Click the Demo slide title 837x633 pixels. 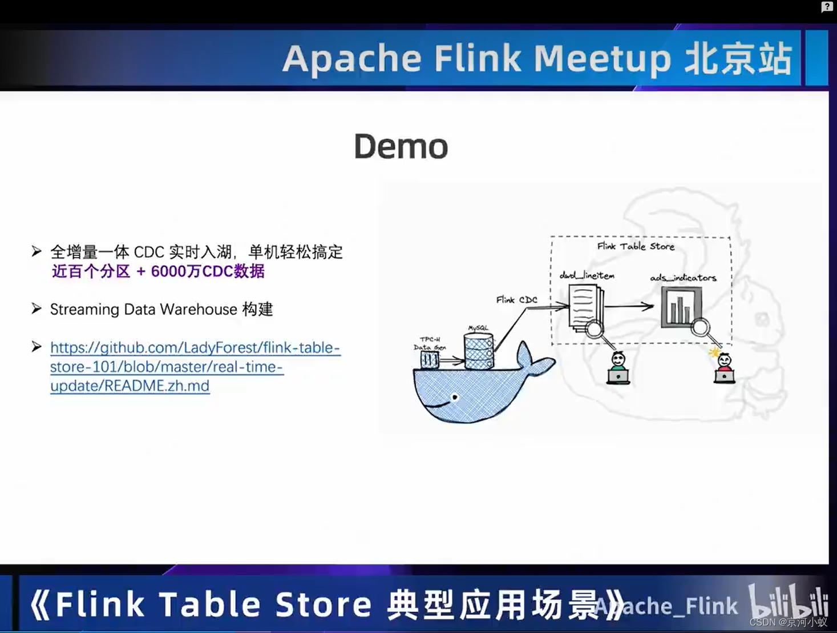click(401, 146)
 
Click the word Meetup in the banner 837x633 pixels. click(602, 59)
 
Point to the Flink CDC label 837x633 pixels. click(516, 299)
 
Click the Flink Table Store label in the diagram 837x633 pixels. click(636, 246)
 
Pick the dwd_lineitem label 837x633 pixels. click(587, 275)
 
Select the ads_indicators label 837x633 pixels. click(683, 278)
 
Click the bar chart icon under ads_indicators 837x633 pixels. click(680, 307)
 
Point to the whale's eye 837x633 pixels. click(455, 397)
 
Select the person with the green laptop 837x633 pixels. click(618, 368)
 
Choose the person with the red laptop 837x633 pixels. click(724, 368)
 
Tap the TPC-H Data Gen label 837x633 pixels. click(429, 343)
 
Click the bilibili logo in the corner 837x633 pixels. click(788, 601)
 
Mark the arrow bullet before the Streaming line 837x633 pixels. click(37, 309)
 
